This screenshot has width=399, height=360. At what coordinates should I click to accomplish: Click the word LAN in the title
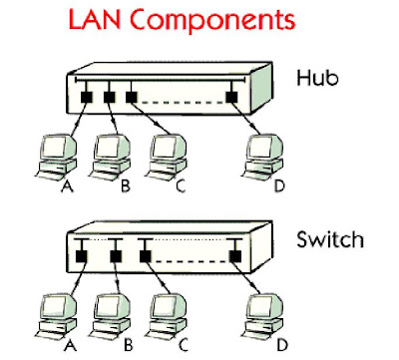(x=95, y=19)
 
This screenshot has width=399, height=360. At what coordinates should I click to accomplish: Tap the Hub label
(x=317, y=78)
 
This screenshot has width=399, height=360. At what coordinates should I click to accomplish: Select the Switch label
(x=330, y=239)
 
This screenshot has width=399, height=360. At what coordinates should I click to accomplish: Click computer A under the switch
(x=56, y=315)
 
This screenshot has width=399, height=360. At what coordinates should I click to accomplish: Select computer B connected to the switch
(x=111, y=315)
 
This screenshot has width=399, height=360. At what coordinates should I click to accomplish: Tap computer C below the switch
(x=167, y=315)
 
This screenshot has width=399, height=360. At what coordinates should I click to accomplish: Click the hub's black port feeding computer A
(x=87, y=97)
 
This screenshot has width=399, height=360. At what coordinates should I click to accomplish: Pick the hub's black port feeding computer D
(x=231, y=97)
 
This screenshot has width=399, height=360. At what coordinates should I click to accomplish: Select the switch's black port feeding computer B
(x=116, y=256)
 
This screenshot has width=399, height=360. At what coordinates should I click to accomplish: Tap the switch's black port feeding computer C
(x=145, y=256)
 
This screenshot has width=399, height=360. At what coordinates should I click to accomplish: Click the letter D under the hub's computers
(x=279, y=186)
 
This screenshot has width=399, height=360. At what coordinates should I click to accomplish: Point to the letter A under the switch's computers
(x=71, y=346)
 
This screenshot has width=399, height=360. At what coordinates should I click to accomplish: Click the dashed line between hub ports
(x=182, y=103)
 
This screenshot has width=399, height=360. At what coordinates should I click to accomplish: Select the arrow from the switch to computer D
(x=246, y=277)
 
